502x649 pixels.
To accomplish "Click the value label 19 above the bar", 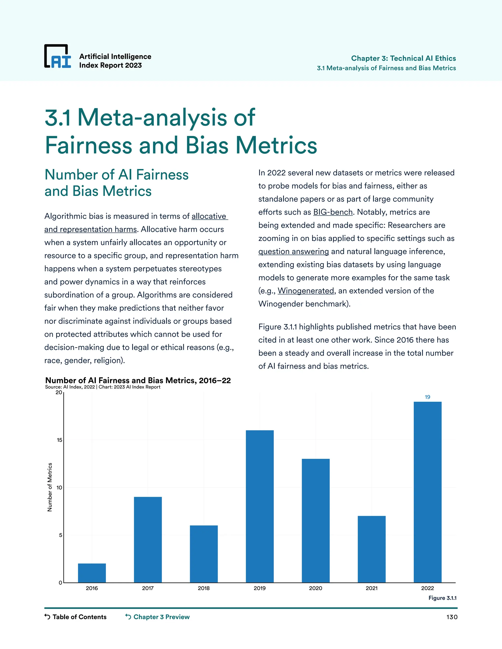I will click(427, 397).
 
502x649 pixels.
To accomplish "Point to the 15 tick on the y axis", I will click(60, 440).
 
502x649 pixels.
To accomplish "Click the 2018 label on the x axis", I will click(204, 588).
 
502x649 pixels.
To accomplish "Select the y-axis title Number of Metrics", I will click(50, 487).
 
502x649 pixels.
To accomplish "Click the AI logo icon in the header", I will click(58, 57).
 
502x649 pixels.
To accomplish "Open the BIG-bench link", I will click(333, 212).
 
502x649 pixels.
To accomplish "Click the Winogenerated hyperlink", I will click(306, 291).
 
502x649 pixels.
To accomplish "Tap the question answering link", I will click(293, 252).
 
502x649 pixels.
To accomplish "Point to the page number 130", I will click(452, 617).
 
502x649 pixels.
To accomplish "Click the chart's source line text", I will click(103, 387).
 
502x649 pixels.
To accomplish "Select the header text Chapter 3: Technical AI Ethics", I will click(403, 58).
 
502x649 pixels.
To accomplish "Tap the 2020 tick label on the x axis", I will click(315, 588).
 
